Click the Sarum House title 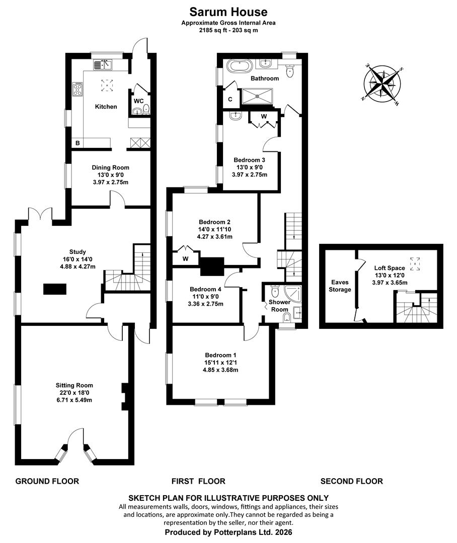click(x=228, y=12)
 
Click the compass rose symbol click(x=383, y=84)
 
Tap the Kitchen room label click(x=106, y=107)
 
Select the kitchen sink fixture click(x=103, y=64)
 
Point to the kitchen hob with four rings click(x=78, y=89)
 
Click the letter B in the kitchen click(x=78, y=143)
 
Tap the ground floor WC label click(x=139, y=101)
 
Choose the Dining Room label click(x=110, y=167)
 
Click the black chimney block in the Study click(x=55, y=289)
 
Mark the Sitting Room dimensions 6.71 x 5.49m click(x=74, y=400)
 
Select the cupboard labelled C click(x=230, y=100)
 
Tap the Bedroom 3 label click(x=249, y=160)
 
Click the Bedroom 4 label click(x=205, y=289)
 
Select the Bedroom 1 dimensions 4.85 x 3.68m click(x=220, y=370)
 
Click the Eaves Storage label click(x=340, y=286)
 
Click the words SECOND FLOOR click(x=352, y=481)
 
